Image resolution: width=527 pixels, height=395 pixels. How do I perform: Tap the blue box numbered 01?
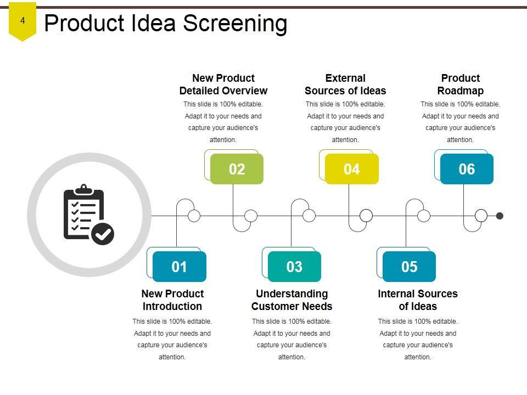[180, 267]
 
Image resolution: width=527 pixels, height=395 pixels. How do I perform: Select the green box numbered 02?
[237, 169]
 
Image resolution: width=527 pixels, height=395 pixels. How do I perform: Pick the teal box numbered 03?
[295, 267]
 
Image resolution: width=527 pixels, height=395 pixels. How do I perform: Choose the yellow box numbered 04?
[352, 169]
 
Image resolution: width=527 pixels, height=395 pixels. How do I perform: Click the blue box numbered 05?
[410, 267]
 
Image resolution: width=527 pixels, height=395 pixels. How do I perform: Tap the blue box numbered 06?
[467, 169]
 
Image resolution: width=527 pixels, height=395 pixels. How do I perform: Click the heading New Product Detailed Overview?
[223, 84]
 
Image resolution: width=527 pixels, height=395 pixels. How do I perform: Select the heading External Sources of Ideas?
[345, 84]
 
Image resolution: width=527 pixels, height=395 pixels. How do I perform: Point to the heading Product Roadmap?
[461, 84]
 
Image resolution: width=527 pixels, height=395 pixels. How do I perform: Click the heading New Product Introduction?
[172, 300]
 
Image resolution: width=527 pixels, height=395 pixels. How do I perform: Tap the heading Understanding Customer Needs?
[292, 300]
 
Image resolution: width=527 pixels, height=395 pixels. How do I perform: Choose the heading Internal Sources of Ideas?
[418, 300]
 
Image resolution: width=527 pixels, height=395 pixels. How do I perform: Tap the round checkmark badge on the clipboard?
[103, 234]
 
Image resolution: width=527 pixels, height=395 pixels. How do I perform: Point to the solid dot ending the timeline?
[500, 216]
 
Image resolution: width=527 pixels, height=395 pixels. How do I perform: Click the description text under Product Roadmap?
[461, 122]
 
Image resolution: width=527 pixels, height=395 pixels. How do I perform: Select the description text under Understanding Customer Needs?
[292, 339]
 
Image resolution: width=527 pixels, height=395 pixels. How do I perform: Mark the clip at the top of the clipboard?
[83, 189]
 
